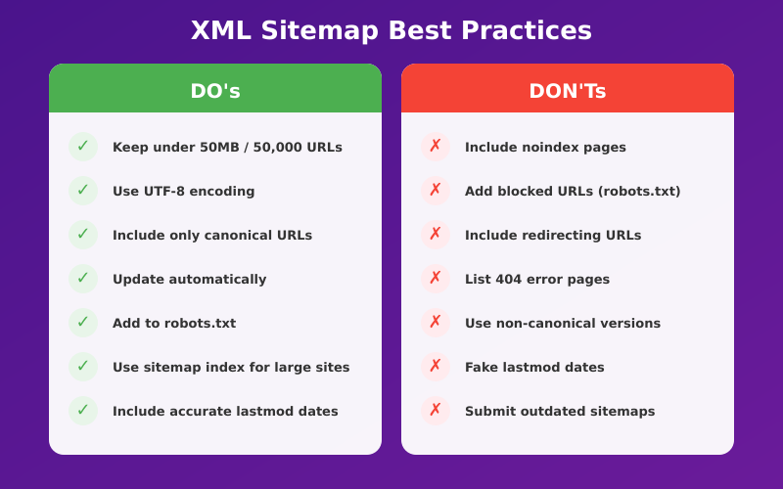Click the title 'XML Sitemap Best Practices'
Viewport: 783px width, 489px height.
(391, 30)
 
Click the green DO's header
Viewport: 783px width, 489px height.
(215, 91)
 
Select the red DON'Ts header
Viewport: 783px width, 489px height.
(568, 91)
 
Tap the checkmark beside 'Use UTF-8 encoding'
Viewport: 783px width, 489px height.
(83, 191)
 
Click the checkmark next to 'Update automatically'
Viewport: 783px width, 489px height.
(83, 279)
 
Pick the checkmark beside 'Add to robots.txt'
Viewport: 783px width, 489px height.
(83, 323)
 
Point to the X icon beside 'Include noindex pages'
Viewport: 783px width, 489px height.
(436, 147)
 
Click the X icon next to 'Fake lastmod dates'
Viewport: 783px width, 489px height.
(436, 367)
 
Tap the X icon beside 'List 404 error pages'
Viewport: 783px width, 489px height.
(436, 279)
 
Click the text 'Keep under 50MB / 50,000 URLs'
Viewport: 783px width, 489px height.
(227, 148)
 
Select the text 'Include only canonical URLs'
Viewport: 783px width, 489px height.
(212, 236)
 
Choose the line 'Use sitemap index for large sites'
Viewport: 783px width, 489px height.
(231, 368)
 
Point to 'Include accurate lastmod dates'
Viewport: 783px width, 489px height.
(225, 412)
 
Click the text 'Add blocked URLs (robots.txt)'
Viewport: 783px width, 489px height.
(573, 192)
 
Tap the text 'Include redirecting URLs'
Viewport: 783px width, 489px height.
(553, 236)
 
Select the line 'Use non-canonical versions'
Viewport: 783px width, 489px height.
(563, 324)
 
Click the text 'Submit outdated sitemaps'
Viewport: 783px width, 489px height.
(560, 412)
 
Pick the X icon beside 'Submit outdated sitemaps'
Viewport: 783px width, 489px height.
(436, 411)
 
